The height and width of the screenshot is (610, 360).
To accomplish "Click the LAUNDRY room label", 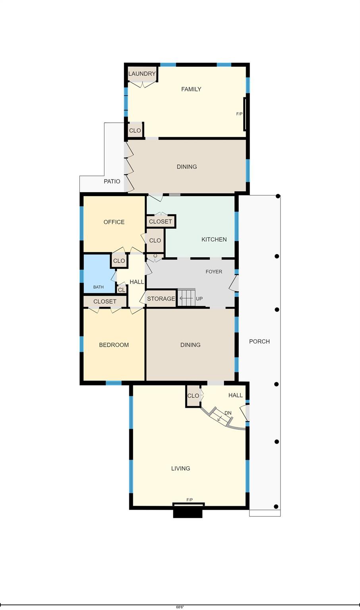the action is [x=142, y=73].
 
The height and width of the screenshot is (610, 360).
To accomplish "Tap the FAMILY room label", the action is [x=191, y=89].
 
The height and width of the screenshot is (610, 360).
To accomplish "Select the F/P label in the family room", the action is [x=239, y=114].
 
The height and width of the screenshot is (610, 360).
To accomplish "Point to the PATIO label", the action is [x=112, y=181].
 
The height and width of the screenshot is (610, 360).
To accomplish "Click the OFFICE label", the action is [x=114, y=222].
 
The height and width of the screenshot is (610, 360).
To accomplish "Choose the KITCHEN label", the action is [x=214, y=239].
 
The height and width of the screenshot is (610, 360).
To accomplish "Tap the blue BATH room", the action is [x=99, y=273].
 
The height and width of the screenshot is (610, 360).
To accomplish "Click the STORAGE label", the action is [x=161, y=299].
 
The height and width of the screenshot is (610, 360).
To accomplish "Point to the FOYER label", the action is [x=214, y=272].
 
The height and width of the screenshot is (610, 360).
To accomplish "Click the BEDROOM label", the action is [x=114, y=345].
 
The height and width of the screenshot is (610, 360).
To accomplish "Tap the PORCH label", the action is [x=259, y=341].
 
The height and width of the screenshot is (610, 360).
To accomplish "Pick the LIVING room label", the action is [x=181, y=468].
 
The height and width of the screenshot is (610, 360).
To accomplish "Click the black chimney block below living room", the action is [x=188, y=513].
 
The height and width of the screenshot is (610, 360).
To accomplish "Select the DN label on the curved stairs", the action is [x=228, y=413].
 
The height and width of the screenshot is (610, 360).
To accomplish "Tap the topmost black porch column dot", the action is [x=278, y=196].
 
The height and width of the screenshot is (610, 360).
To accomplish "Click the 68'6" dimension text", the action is [x=180, y=607].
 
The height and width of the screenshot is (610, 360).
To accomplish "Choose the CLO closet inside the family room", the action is [x=135, y=130].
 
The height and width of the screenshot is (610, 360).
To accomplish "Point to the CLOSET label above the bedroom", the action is [x=105, y=301].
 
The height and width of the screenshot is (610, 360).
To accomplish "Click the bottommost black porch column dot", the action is [x=276, y=507].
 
